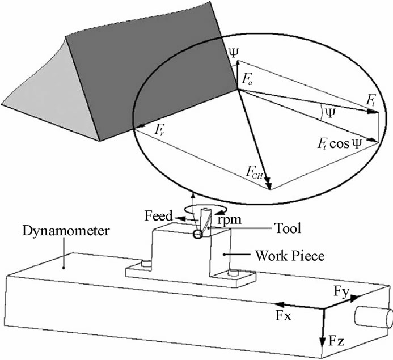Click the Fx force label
coord(283,316)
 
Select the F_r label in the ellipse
coord(160,129)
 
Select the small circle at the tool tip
coord(197,235)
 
